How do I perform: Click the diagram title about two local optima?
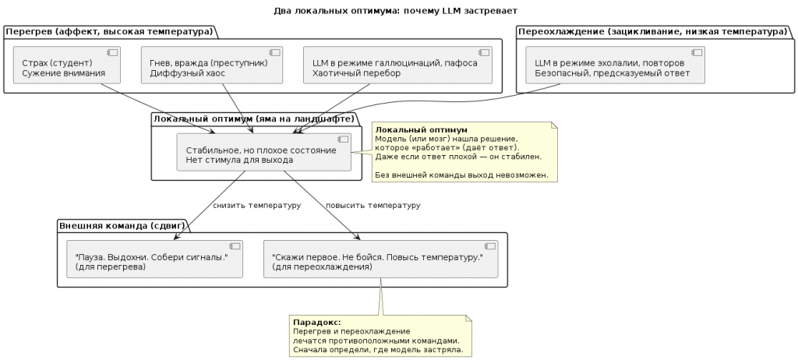(395, 11)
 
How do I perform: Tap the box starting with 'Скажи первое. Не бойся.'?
(383, 259)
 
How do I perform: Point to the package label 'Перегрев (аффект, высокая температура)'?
(109, 31)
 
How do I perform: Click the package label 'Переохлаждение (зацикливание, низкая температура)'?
(652, 31)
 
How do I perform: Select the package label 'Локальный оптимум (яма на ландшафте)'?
(254, 118)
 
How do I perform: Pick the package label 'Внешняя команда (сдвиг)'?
(122, 226)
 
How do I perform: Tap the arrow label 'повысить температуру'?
(373, 206)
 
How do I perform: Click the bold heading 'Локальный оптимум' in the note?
(422, 129)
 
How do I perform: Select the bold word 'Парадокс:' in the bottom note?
(316, 322)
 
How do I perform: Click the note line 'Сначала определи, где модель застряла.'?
(377, 350)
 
